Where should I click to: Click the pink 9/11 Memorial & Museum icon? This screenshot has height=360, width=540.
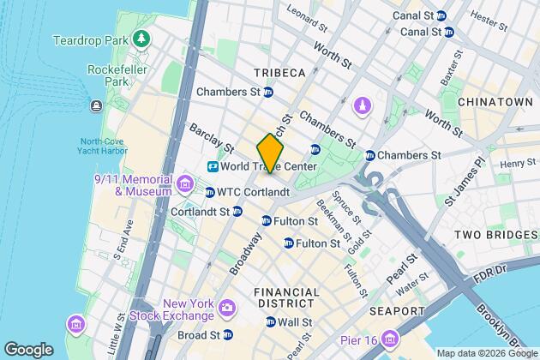click(184, 183)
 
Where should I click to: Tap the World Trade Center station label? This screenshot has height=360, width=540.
click(267, 165)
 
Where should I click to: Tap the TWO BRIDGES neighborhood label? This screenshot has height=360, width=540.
click(489, 235)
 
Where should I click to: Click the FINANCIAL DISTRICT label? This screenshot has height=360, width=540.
click(286, 299)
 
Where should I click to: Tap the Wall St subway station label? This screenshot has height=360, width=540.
click(293, 321)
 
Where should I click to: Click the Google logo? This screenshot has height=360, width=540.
click(28, 350)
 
